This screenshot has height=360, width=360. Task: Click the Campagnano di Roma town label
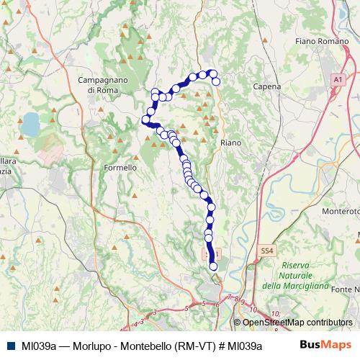click(107, 84)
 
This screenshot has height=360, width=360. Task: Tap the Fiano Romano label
click(321, 42)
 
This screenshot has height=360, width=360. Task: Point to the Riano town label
click(230, 143)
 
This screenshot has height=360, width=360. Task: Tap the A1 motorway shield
click(337, 78)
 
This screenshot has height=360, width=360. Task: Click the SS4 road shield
click(267, 250)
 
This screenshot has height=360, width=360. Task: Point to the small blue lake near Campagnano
click(31, 124)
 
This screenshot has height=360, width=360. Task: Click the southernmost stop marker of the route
click(213, 267)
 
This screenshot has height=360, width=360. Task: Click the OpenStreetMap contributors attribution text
click(297, 323)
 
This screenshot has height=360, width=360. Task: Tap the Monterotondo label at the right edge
click(341, 212)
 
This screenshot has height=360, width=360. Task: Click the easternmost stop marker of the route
click(216, 81)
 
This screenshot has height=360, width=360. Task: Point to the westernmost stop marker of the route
click(145, 120)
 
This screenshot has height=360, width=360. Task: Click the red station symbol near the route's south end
click(210, 254)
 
